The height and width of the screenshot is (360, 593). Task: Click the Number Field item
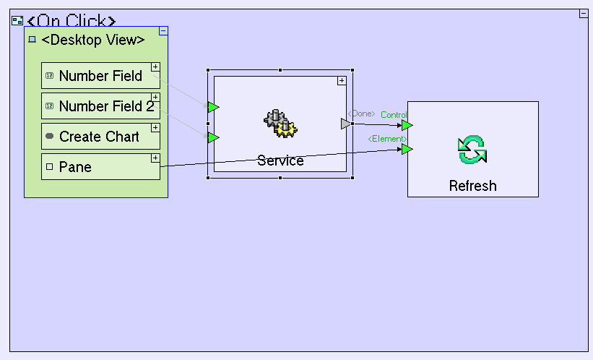tap(100, 76)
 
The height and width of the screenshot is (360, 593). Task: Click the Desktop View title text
tap(93, 40)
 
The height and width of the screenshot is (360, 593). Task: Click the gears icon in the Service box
tap(280, 124)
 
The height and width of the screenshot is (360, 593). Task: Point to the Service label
tap(280, 160)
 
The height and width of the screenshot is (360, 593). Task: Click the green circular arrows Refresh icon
tap(472, 150)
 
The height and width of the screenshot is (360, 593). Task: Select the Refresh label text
tap(472, 186)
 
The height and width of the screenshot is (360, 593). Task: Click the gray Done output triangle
tap(346, 124)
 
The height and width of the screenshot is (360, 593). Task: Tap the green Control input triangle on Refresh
tap(407, 125)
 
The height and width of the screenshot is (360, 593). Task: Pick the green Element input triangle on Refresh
tap(407, 149)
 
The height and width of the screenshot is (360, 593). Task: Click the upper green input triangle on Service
tap(213, 107)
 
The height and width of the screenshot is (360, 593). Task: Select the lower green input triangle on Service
tap(213, 137)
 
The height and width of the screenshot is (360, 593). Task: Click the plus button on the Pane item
tap(155, 158)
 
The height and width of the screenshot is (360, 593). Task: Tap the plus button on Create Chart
tap(155, 127)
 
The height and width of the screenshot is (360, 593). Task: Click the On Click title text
tap(71, 22)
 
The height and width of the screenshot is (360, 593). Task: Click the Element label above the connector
tap(388, 139)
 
